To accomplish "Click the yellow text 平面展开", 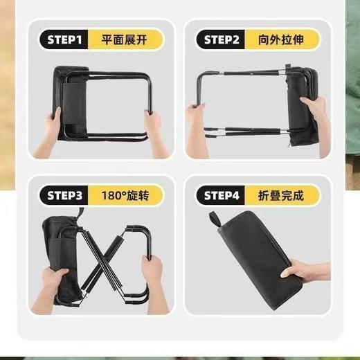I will pyautogui.click(x=120, y=40).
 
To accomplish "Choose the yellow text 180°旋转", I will pyautogui.click(x=120, y=196).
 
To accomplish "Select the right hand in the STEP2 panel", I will pyautogui.click(x=314, y=111).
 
